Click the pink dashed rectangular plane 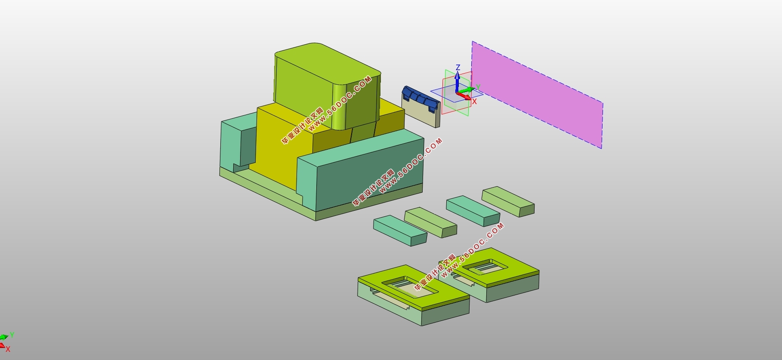(537, 95)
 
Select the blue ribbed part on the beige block (421, 98)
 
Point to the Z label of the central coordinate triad (458, 68)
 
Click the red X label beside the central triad (474, 102)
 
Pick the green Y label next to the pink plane (478, 87)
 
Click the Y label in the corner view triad (12, 335)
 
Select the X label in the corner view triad (8, 349)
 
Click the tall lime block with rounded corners (327, 86)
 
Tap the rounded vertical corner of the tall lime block (340, 105)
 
